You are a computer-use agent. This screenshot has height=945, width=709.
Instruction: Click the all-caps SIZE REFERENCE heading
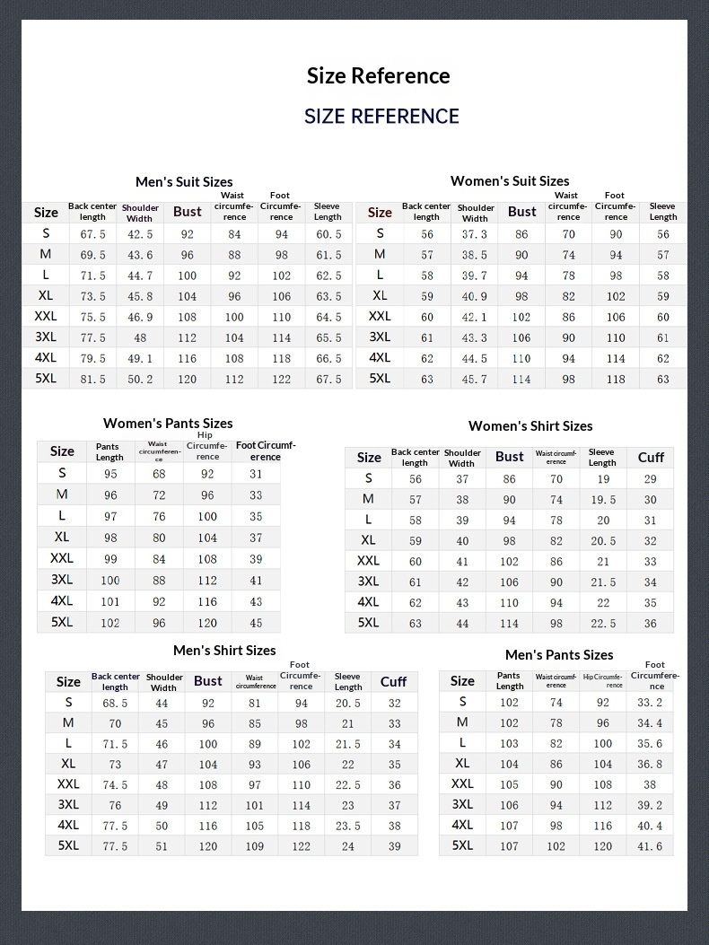pos(381,117)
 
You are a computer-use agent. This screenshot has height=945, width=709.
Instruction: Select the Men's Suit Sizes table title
pos(184,182)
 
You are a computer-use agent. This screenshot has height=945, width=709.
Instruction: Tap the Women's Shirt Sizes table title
pos(530,426)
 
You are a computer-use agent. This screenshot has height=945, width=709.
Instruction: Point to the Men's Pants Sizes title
pos(559,655)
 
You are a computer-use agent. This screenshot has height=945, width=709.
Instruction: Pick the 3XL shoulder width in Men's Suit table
pos(140,338)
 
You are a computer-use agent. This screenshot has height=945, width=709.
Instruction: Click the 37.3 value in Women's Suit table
pos(475,234)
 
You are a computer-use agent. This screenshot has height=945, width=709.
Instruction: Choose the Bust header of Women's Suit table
pos(521,212)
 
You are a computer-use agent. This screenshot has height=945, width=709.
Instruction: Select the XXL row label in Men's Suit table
pos(46,317)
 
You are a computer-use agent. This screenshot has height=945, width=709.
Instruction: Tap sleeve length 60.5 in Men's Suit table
pos(328,234)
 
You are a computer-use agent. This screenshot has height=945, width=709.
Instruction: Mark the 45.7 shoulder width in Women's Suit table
pos(475,380)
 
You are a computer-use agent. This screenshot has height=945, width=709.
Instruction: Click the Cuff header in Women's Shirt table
pos(651,458)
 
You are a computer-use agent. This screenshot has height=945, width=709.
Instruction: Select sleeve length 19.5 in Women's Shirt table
pos(603,500)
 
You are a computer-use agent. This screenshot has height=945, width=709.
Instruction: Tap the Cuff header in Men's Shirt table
pos(393,682)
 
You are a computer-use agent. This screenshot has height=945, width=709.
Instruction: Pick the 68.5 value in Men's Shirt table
pos(115,704)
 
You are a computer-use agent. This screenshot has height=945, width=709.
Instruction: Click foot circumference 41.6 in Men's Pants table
pos(650,846)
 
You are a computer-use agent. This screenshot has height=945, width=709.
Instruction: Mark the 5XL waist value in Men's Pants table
pos(556,846)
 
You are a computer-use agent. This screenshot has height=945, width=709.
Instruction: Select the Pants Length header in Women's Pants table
pos(109,451)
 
